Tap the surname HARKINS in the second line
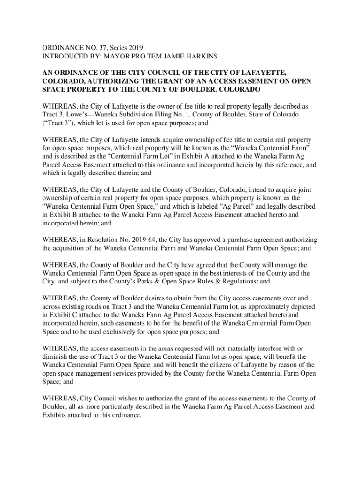(204, 56)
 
